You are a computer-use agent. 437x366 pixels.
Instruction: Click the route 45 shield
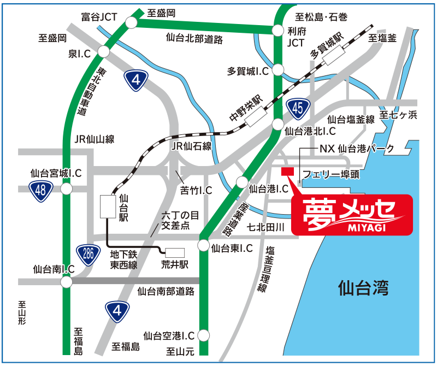(x=297, y=108)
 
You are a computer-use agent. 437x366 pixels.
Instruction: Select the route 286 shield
(x=88, y=253)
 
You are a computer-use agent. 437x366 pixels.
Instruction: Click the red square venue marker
(x=287, y=172)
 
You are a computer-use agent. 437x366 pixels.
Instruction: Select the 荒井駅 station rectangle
(x=175, y=252)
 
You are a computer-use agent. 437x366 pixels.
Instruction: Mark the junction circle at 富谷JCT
(x=131, y=21)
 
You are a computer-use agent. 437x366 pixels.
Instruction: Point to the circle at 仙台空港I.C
(x=204, y=334)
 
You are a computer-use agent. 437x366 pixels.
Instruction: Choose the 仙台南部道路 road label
(x=166, y=291)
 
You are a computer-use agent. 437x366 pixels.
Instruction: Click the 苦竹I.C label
(x=196, y=191)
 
